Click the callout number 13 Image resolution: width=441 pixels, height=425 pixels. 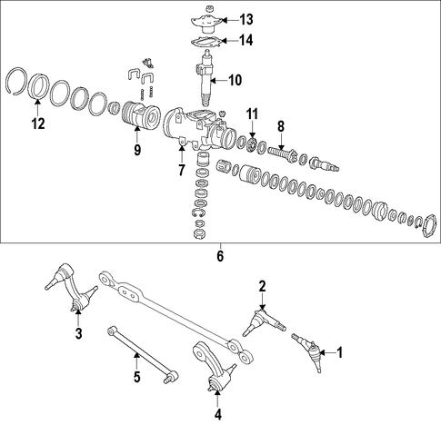click(x=246, y=20)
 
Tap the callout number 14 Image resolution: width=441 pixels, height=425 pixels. click(x=246, y=40)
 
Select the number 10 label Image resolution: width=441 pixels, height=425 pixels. click(x=236, y=81)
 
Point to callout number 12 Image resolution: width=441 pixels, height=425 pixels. click(x=38, y=124)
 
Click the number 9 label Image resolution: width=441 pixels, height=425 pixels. click(x=137, y=150)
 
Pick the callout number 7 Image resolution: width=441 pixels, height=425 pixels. click(x=181, y=170)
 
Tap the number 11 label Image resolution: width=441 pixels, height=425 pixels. click(x=252, y=114)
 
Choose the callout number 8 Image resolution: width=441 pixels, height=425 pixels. click(x=281, y=126)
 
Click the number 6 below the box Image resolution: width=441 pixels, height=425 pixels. click(x=220, y=256)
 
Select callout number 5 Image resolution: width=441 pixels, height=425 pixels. click(x=137, y=377)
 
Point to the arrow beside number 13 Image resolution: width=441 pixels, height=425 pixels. click(x=230, y=20)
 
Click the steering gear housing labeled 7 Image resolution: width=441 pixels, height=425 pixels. click(x=198, y=129)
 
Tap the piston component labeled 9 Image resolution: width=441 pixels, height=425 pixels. click(x=140, y=117)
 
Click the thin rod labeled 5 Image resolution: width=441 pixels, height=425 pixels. click(x=143, y=354)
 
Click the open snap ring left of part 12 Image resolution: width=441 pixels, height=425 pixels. click(x=16, y=81)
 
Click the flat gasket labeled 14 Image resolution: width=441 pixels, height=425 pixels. click(x=206, y=43)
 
